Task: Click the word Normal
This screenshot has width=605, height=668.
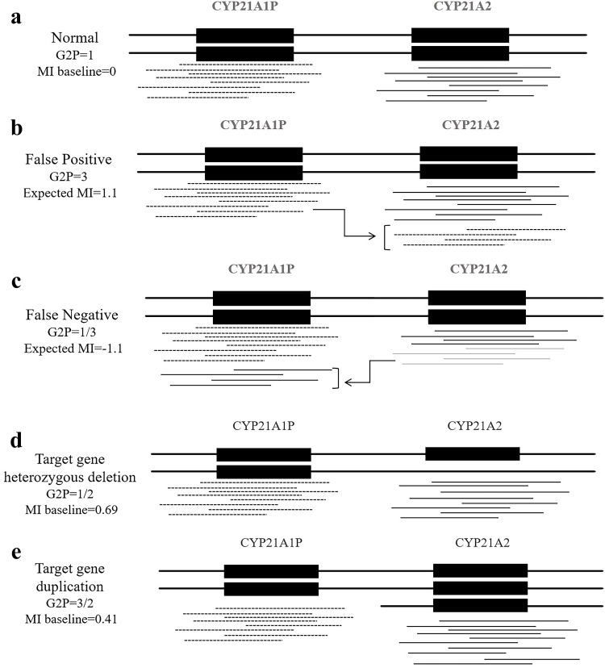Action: tap(74, 38)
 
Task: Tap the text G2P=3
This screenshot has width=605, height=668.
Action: tap(65, 175)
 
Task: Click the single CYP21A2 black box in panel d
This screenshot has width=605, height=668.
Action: tap(473, 453)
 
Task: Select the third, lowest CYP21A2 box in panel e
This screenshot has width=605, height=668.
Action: tap(481, 605)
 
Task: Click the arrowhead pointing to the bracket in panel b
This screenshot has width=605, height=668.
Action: tap(373, 236)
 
